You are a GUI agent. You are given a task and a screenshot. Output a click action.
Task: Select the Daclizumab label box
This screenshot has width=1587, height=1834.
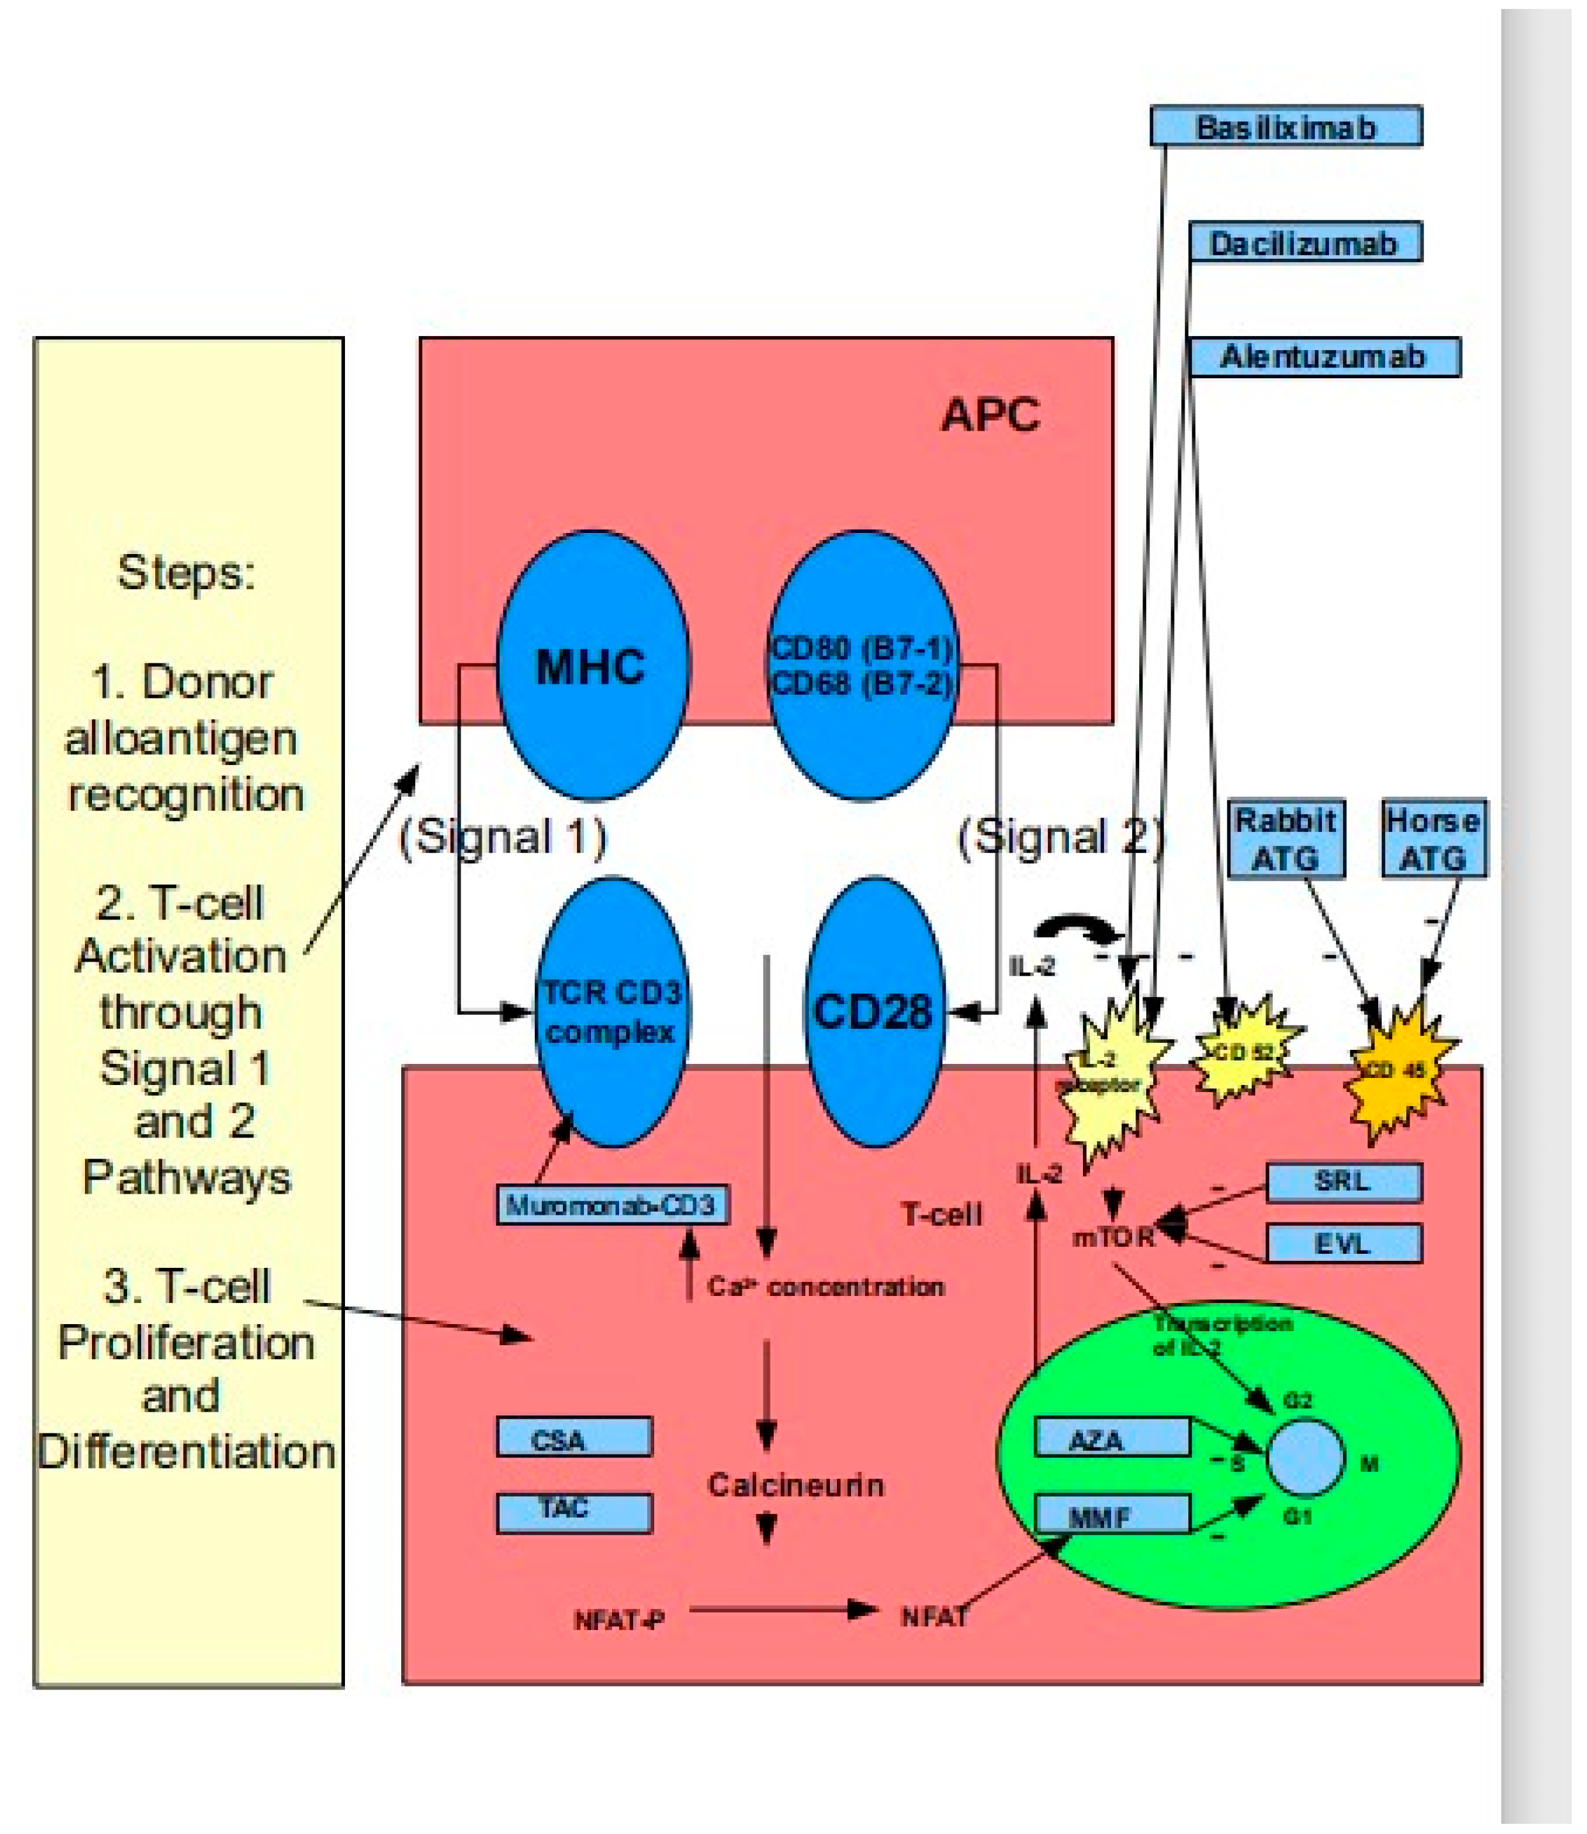1305,243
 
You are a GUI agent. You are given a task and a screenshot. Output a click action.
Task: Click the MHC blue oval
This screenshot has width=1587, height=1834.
592,666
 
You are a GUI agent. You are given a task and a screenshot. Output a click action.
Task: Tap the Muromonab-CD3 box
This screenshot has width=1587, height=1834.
612,1205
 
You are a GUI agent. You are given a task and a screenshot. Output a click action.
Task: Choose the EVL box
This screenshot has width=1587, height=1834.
1344,1244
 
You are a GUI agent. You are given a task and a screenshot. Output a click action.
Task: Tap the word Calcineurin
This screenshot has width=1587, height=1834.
795,1485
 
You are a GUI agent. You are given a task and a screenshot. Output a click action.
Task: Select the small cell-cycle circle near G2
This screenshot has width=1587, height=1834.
1305,1458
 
